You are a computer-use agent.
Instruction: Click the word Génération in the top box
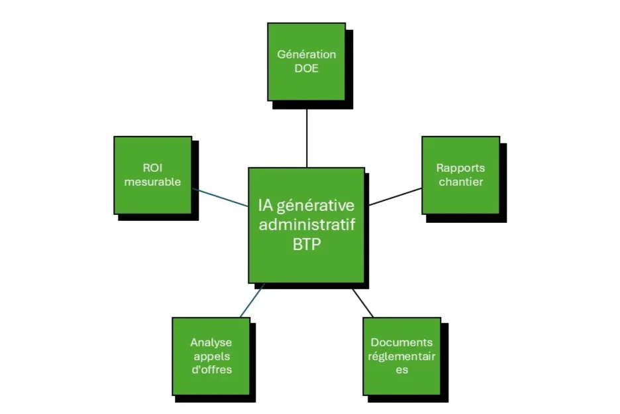point(306,54)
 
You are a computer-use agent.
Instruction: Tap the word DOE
point(306,68)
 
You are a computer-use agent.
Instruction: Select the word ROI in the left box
point(152,168)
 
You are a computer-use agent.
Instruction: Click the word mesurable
point(152,181)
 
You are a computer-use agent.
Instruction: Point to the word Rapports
point(460,168)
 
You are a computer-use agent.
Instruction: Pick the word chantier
point(460,181)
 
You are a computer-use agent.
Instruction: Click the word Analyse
point(211,342)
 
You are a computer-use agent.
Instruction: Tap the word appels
point(211,356)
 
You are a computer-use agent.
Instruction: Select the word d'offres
point(211,369)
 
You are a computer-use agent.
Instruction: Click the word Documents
point(401,342)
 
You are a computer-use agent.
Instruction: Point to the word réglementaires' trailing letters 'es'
point(401,369)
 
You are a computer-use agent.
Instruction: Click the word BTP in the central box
point(306,243)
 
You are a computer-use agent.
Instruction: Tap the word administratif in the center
point(306,224)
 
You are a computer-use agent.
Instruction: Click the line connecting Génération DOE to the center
point(307,136)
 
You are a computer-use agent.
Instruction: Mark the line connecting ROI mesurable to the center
point(220,197)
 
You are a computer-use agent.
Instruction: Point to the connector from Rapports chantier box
point(395,196)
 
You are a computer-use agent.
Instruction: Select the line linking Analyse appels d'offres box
point(252,300)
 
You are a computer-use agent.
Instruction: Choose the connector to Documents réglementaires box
point(362,303)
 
